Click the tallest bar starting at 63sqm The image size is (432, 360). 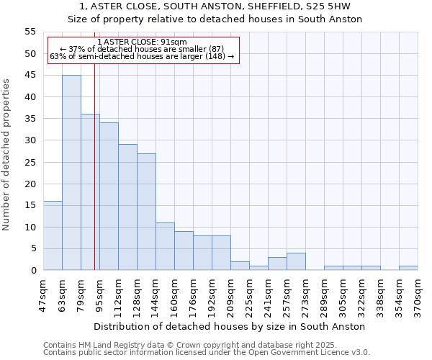[x=71, y=173]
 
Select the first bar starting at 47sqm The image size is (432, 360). [x=53, y=235]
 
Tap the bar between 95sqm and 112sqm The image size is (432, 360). [x=109, y=197]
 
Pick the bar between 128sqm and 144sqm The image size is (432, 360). [x=146, y=212]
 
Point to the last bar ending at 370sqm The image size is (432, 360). [x=408, y=268]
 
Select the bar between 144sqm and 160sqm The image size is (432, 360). [x=165, y=246]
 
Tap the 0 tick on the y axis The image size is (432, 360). [x=33, y=271]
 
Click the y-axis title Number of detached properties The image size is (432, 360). [x=7, y=155]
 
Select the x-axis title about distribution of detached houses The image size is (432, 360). [x=230, y=326]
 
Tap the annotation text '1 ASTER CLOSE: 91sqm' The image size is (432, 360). [x=142, y=42]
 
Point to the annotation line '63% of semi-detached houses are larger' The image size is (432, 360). [x=142, y=56]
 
